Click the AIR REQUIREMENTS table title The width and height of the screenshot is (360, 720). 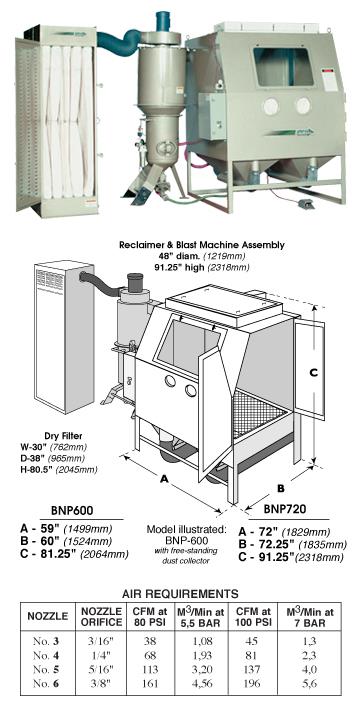coord(179,592)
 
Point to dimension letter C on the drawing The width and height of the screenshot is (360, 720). coord(313,369)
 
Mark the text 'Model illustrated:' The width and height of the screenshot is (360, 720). coord(181,529)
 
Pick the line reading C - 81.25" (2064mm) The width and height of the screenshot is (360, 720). coord(68,556)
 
